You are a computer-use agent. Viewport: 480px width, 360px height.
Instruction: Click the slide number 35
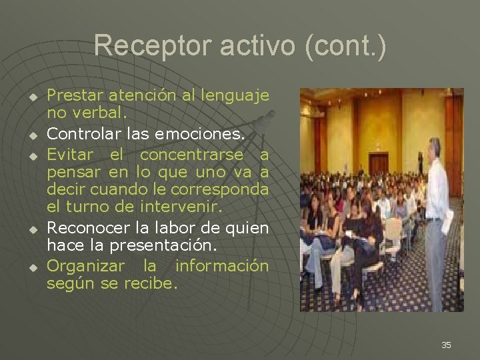click(x=446, y=345)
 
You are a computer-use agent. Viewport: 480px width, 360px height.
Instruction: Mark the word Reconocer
click(x=85, y=229)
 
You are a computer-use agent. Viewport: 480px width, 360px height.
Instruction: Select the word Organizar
click(x=85, y=267)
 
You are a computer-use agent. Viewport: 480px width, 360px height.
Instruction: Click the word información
click(x=222, y=267)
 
